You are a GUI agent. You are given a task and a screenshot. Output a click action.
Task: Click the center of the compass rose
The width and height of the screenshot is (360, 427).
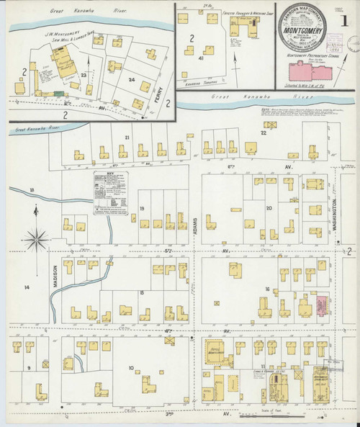[36, 237]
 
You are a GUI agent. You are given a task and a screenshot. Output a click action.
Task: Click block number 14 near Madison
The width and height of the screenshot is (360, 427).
[27, 288]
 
